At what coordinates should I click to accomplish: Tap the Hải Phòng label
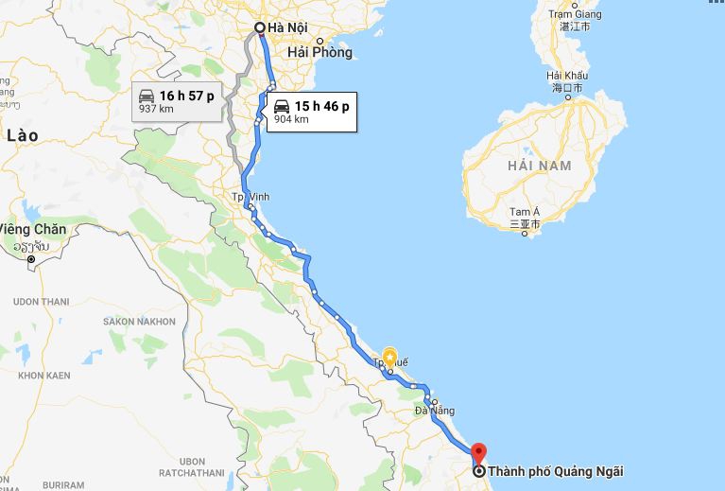click(x=319, y=53)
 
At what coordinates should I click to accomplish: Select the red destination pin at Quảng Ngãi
click(x=477, y=452)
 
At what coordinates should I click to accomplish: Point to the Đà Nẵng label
click(x=435, y=412)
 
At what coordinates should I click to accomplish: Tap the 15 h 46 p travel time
click(x=320, y=106)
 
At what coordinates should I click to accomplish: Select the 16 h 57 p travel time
click(x=187, y=96)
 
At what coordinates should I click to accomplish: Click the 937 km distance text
click(x=154, y=110)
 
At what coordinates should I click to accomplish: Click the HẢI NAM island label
click(x=539, y=166)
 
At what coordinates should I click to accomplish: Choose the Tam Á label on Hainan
click(x=523, y=212)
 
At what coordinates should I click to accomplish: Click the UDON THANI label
click(x=42, y=302)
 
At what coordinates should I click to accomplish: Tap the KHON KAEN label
click(x=43, y=376)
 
